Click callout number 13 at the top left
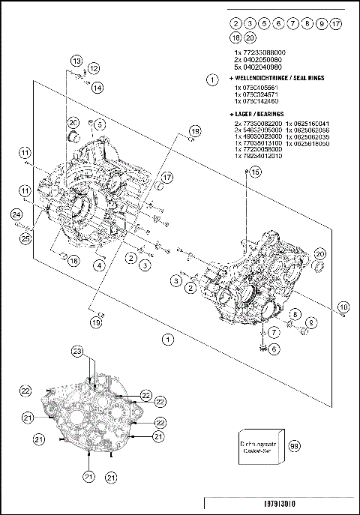(76, 60)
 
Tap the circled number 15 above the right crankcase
(254, 172)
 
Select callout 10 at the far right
(343, 307)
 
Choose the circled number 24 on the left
(16, 215)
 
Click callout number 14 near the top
(98, 88)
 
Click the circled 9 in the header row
(321, 24)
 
